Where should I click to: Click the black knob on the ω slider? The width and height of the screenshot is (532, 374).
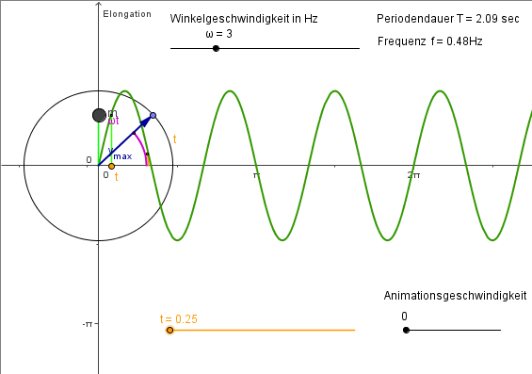point(217,48)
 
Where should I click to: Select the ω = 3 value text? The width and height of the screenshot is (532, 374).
point(218,34)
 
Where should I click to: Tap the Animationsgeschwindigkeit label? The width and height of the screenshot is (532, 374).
point(455,296)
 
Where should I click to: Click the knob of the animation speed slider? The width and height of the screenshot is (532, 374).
point(406,330)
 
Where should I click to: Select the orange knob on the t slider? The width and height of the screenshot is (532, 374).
point(169,330)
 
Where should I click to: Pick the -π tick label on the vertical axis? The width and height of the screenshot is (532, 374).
point(87,324)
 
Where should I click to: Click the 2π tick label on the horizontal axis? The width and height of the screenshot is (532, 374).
point(412,175)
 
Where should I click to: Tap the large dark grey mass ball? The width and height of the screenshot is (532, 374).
point(99,115)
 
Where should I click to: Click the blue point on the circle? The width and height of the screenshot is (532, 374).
point(153,116)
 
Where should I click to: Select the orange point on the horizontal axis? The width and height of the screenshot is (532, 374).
point(111,167)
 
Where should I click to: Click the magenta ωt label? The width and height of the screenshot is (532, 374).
point(114,121)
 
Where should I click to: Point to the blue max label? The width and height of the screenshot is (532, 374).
point(122,156)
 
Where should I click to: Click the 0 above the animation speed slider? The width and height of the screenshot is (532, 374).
point(404,317)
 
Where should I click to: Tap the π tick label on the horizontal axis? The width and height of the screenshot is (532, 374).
point(255,175)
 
